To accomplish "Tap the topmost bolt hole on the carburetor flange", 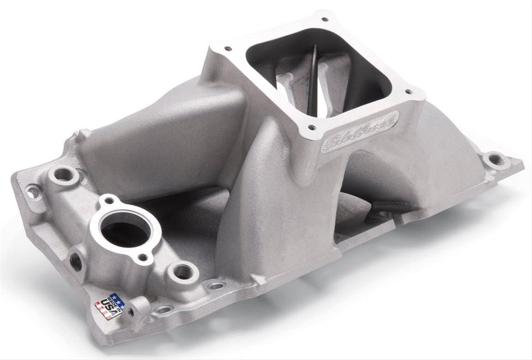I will coord(324,20).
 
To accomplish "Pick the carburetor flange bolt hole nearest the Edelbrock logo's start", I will coord(312,127).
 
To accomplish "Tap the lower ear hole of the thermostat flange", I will coord(144,257).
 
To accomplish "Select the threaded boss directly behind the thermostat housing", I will coord(64,174).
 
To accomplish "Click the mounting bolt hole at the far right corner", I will coord(494,159).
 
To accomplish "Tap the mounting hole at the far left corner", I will coord(33,192).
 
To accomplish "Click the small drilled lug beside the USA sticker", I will coord(131,311).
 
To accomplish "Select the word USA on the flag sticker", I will coord(107,309).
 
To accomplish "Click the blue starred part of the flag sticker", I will coord(117,300).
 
